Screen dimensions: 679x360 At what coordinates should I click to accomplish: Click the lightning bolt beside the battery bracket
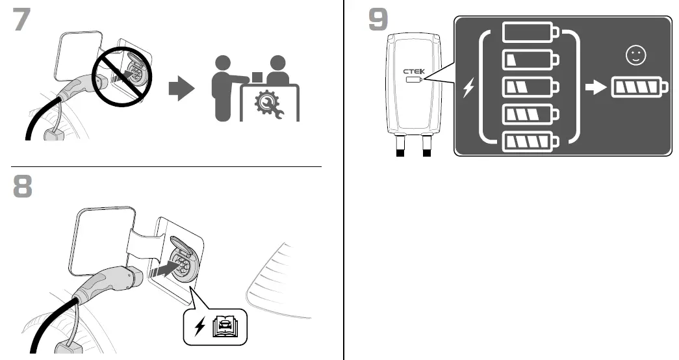pyautogui.click(x=468, y=88)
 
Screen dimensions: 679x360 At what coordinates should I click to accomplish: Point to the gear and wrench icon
pyautogui.click(x=269, y=103)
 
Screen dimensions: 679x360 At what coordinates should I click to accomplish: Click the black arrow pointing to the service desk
pyautogui.click(x=181, y=90)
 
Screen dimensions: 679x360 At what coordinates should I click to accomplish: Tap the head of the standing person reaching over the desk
pyautogui.click(x=222, y=65)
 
